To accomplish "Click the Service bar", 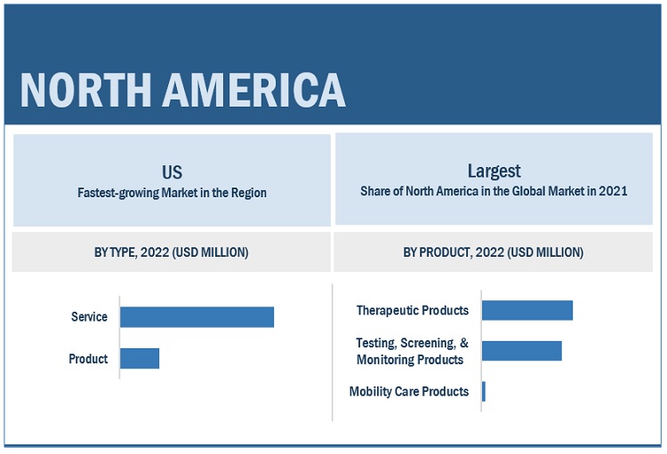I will click(197, 317).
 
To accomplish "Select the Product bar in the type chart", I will click(140, 359).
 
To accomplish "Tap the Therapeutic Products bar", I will click(526, 310).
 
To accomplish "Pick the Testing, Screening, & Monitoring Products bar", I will click(521, 351).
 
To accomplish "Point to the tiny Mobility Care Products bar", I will click(484, 392).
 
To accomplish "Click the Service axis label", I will click(89, 317).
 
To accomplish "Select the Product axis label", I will click(88, 359).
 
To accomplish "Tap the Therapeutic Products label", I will click(412, 310).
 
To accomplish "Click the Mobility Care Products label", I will click(408, 392).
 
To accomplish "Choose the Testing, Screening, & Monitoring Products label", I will click(412, 351).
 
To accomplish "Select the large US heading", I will click(172, 171).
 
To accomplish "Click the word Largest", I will click(494, 171).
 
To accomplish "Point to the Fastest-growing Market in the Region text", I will click(172, 193).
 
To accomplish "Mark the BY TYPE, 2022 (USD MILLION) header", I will click(172, 252).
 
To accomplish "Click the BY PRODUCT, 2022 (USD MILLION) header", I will click(494, 252).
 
